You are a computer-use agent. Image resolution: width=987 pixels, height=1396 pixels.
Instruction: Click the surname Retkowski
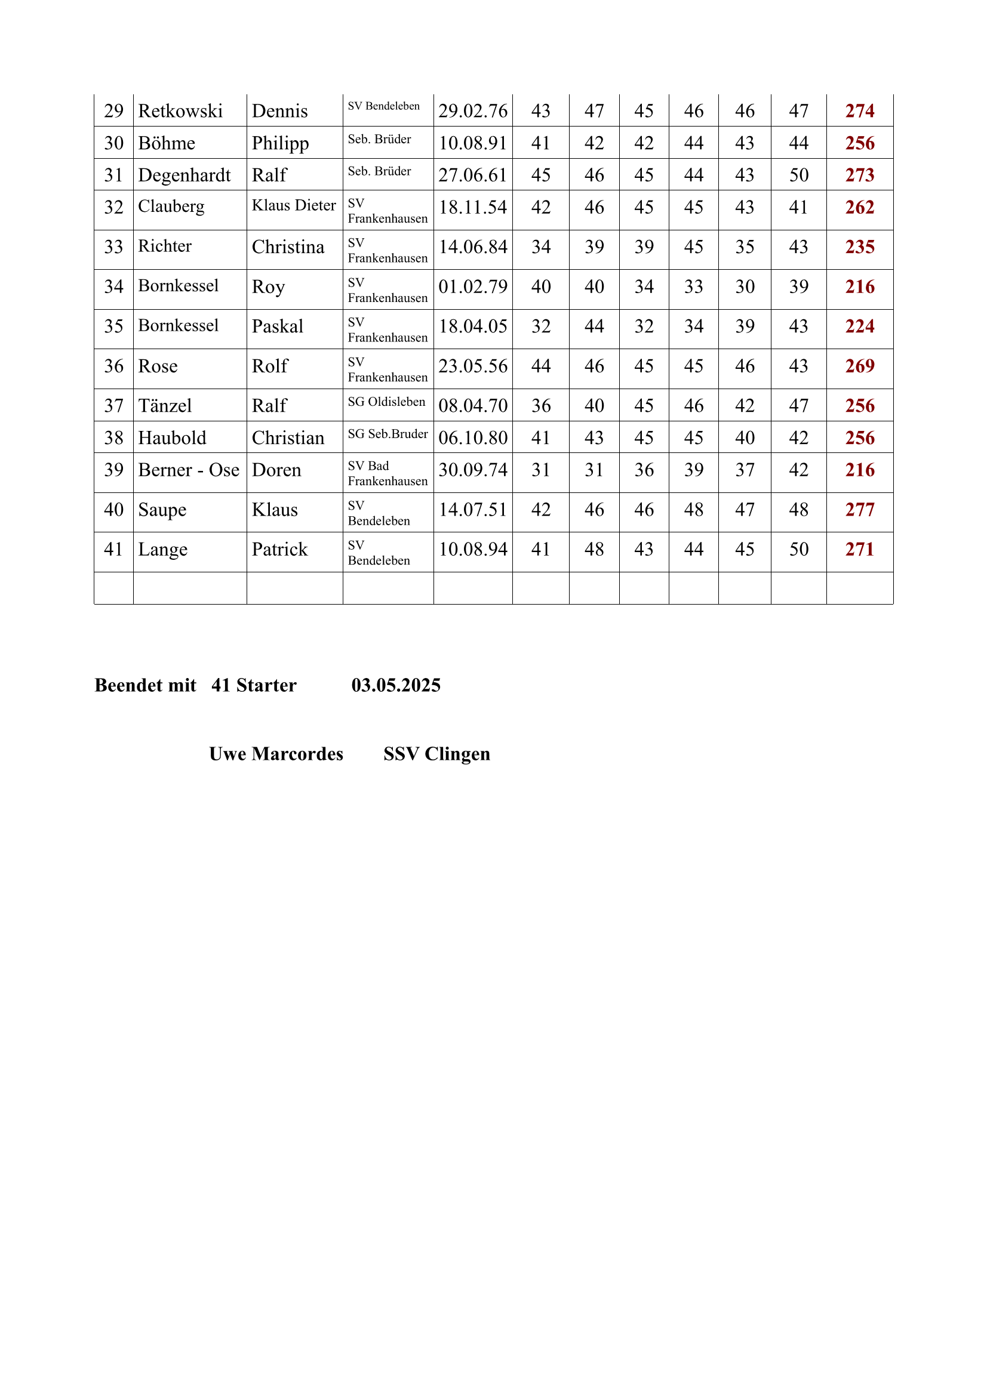tap(180, 111)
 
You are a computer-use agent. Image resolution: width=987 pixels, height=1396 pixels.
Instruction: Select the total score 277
tap(859, 510)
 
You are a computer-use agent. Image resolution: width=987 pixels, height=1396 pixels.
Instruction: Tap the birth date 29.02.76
tap(472, 111)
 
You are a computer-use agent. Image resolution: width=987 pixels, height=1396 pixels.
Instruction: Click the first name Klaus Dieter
tap(294, 205)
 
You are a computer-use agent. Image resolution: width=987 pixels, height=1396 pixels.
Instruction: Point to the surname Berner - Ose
tap(189, 470)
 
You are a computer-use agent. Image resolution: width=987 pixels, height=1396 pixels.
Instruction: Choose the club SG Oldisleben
tap(386, 402)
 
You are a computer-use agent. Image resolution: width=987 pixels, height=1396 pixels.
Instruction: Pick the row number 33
tap(113, 247)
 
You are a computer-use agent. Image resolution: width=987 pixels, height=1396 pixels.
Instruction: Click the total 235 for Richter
tap(859, 247)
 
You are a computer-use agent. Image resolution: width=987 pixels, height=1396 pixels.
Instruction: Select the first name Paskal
tap(277, 326)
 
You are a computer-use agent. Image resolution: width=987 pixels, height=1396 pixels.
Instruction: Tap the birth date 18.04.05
tap(472, 326)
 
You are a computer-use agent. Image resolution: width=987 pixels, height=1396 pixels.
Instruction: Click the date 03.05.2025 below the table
tap(396, 685)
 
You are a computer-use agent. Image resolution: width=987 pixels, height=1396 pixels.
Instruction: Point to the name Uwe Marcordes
tap(276, 754)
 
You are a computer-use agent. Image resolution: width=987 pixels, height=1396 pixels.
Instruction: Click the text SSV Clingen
tap(436, 754)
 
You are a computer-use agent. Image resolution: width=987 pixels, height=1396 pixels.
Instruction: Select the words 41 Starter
tap(254, 685)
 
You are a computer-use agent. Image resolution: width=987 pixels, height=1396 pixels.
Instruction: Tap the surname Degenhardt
tap(185, 175)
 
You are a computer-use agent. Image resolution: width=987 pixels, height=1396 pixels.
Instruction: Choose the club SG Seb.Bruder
tap(388, 434)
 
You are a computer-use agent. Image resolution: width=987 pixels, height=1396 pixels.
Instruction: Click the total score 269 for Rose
tap(859, 366)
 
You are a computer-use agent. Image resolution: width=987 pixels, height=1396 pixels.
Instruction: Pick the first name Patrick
tap(280, 550)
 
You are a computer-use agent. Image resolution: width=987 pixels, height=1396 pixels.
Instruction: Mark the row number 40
tap(113, 510)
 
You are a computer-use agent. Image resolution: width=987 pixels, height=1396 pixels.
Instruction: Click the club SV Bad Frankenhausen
tap(388, 474)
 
